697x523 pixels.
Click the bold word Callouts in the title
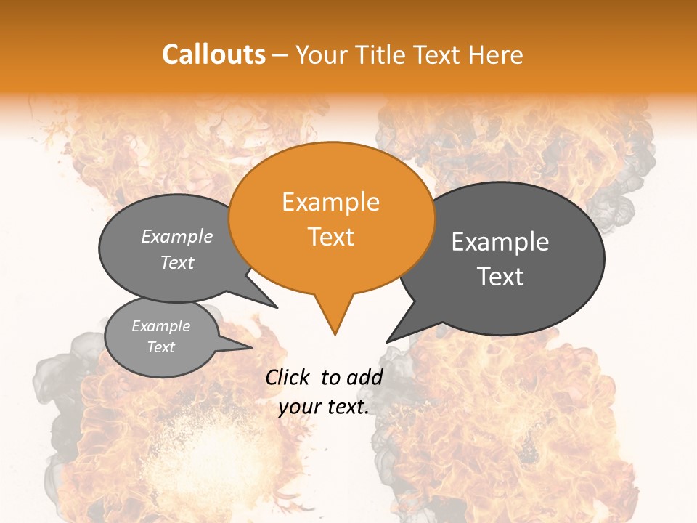tap(213, 54)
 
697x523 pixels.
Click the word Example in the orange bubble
tap(330, 202)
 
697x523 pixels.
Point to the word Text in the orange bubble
tap(330, 237)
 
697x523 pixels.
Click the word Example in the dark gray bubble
tap(500, 242)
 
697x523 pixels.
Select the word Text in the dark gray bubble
tap(500, 277)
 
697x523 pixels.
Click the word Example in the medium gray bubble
tap(177, 236)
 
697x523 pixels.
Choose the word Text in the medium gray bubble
tap(177, 262)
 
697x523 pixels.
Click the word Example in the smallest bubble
tap(160, 326)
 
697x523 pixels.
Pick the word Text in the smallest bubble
tap(160, 347)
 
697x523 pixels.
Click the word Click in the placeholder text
tap(288, 377)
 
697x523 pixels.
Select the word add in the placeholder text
tap(365, 377)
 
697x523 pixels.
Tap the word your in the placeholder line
tap(299, 407)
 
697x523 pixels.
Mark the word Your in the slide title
tap(321, 54)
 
